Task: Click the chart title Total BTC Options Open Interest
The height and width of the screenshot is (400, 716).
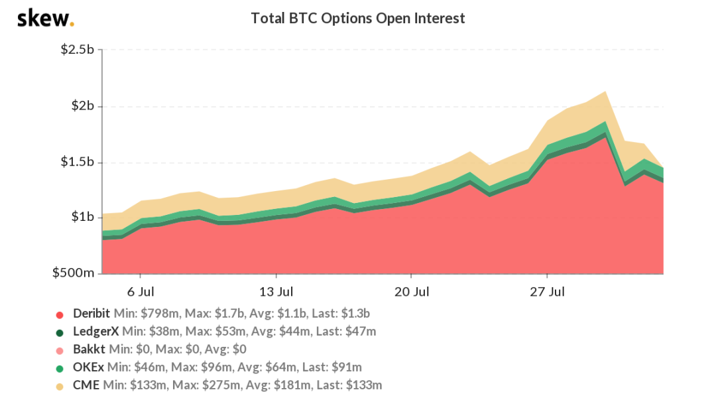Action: click(x=358, y=19)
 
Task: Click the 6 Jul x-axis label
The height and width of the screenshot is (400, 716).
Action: click(x=141, y=292)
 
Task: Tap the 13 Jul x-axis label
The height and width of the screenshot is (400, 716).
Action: click(x=276, y=292)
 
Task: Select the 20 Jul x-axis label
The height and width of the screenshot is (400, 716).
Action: click(x=412, y=292)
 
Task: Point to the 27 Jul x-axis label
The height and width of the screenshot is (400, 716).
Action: click(x=547, y=292)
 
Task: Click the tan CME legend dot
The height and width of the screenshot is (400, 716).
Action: click(x=60, y=385)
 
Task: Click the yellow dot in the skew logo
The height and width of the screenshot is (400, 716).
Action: click(x=72, y=25)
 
